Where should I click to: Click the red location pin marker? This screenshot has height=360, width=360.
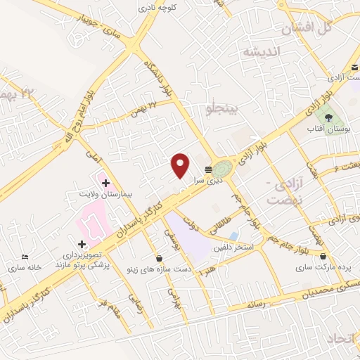[x=181, y=166]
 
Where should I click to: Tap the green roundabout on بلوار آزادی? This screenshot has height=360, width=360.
[x=222, y=169]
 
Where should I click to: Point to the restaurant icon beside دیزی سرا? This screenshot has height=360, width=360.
[x=208, y=169]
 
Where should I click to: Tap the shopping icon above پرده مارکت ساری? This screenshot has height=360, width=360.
[x=323, y=256]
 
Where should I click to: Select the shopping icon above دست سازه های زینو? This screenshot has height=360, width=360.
[x=159, y=259]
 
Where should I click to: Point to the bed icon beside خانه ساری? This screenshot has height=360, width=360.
[x=26, y=257]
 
